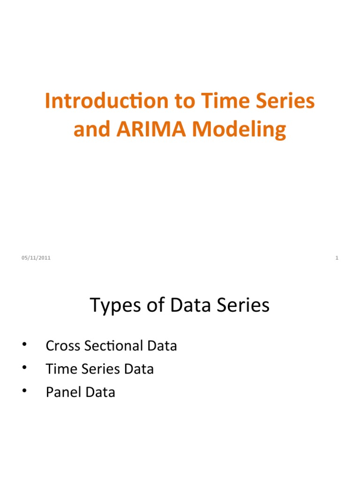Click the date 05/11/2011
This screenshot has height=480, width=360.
point(36,258)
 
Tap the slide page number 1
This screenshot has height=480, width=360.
point(337,258)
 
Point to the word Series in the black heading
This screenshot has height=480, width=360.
point(242,306)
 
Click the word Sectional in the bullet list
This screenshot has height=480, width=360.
point(108,346)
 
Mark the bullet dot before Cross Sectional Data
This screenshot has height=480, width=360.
point(23,346)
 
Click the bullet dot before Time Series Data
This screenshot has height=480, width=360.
point(23,368)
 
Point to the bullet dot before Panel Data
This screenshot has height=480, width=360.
point(23,391)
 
